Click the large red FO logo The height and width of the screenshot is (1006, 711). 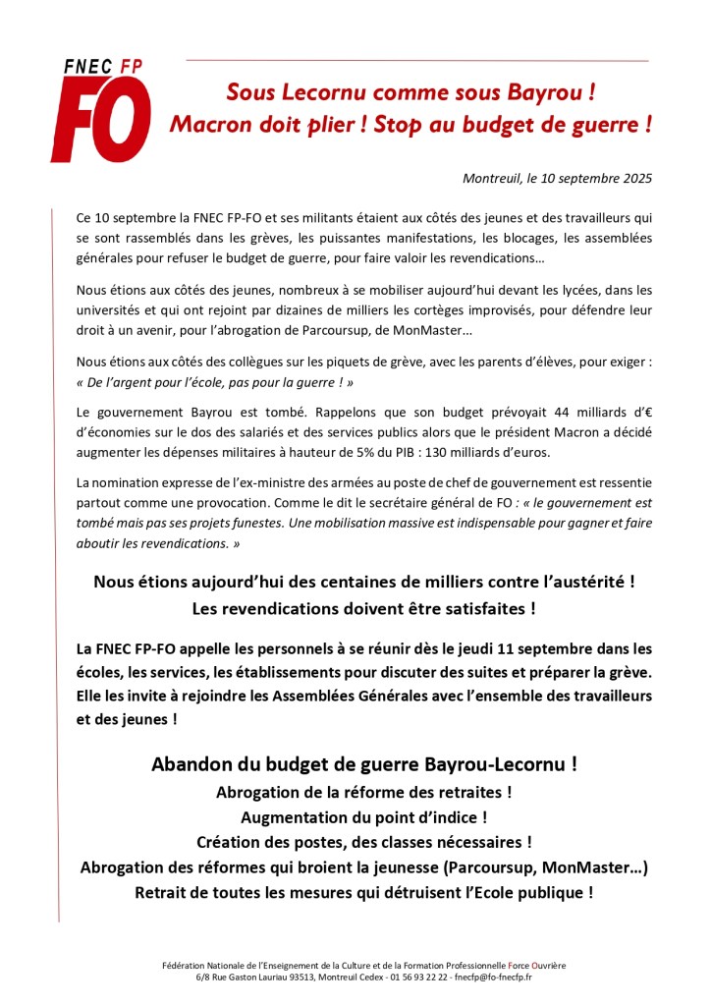click(101, 119)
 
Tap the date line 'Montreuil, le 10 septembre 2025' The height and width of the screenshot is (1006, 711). click(557, 178)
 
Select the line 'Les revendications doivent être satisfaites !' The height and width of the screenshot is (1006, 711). click(364, 608)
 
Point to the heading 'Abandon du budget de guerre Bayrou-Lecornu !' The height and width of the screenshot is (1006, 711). click(364, 763)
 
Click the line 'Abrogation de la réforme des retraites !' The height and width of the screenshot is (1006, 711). click(364, 791)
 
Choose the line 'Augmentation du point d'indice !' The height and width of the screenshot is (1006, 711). click(364, 816)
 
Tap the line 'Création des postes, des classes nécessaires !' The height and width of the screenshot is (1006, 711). click(364, 842)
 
